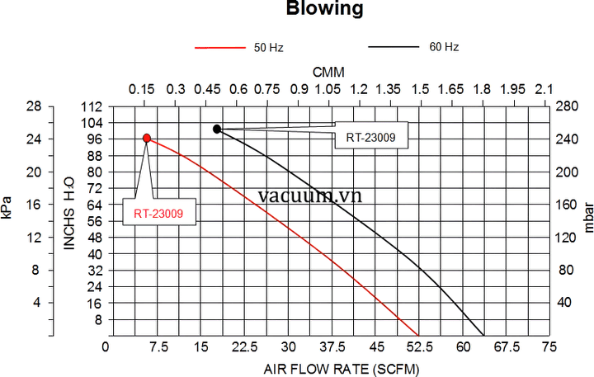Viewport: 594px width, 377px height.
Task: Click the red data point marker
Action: [147, 139]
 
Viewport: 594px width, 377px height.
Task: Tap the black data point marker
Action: [217, 129]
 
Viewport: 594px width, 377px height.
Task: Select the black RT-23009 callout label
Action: [371, 138]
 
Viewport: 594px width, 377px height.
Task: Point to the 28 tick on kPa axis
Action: [34, 106]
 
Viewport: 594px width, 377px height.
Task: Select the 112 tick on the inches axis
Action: [92, 106]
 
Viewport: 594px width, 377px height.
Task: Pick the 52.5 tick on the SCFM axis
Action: [421, 347]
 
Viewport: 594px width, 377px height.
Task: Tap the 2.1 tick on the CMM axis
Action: [544, 88]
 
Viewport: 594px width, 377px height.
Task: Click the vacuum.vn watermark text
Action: [309, 196]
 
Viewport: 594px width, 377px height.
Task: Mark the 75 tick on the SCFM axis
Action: [542, 347]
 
